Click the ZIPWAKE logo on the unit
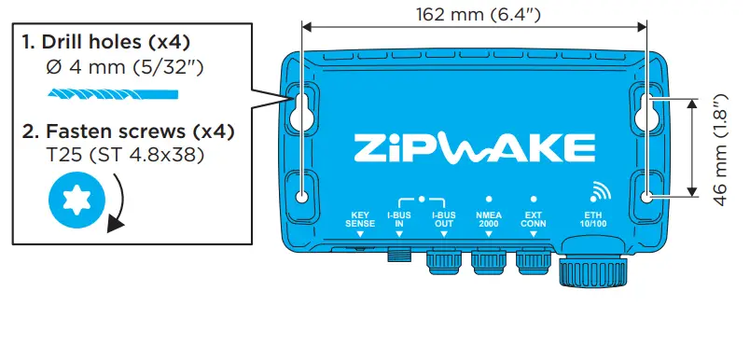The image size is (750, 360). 475,147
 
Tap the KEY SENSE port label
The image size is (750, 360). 360,219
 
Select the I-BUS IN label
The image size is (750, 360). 399,219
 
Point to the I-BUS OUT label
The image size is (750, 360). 443,219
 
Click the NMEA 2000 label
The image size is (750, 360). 489,219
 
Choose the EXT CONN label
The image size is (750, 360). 534,219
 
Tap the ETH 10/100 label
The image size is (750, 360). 593,219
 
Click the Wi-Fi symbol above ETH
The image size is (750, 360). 600,192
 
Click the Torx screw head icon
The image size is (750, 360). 77,200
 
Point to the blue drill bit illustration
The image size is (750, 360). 113,93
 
